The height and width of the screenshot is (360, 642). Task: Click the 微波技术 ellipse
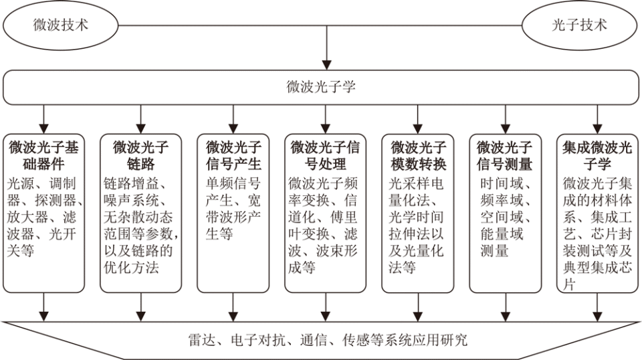point(61,25)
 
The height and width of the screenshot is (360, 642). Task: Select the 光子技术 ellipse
point(579,25)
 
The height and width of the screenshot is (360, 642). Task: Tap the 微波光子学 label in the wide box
point(321,87)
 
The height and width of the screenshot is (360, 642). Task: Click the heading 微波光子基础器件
point(43,155)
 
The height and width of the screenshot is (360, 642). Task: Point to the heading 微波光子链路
point(140,155)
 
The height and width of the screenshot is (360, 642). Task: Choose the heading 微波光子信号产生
point(233,155)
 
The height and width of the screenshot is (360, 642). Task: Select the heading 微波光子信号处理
point(326,155)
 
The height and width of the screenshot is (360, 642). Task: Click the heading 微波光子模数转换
point(419,155)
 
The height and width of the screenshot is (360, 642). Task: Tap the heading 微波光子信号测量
point(504,155)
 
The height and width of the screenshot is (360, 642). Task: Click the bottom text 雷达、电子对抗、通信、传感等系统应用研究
point(327,340)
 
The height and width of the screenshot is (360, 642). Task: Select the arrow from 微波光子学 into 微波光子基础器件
point(44,118)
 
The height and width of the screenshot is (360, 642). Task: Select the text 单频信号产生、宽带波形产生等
point(233,208)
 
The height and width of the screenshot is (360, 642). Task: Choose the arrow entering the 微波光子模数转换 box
point(419,118)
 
